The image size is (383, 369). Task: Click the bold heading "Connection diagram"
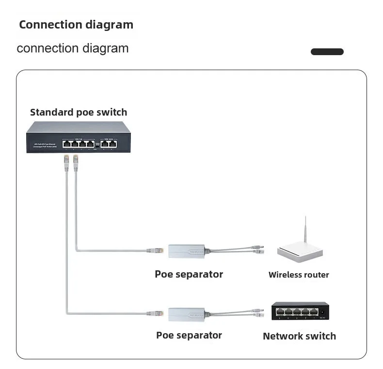point(76,25)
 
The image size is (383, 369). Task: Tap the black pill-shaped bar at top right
point(327,52)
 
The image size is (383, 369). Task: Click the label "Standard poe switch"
point(79,112)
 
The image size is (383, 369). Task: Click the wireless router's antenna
point(305,232)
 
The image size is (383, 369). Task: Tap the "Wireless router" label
point(299,275)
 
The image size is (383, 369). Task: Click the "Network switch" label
point(299,336)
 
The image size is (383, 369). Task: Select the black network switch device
point(300,310)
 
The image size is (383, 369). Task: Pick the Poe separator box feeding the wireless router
point(186,251)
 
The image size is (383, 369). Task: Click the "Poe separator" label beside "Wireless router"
point(189,274)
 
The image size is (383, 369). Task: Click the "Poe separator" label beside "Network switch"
point(189,335)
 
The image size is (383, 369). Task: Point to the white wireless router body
point(299,252)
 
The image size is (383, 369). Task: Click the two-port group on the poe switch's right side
point(109,143)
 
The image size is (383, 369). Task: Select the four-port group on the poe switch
point(78,143)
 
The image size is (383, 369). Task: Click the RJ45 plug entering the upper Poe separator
point(157,251)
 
